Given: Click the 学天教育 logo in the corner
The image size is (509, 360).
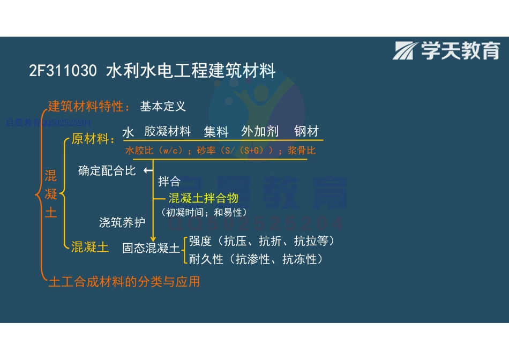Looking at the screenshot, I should [446, 51].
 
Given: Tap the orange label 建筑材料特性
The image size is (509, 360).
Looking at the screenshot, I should [88, 106].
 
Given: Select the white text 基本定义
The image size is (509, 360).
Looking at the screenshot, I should [163, 106].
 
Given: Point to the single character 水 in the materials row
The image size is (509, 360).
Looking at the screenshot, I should [128, 132].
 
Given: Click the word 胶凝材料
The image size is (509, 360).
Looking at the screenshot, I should [167, 132].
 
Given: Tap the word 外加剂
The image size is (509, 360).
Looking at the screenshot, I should [260, 132].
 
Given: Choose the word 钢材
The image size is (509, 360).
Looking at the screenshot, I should [306, 132].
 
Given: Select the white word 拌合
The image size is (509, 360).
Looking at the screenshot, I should [169, 182].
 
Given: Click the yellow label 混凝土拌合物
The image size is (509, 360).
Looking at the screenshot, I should [203, 198].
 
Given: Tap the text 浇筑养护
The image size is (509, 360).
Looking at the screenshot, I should [122, 222].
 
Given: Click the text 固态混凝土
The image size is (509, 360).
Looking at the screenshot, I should [151, 249].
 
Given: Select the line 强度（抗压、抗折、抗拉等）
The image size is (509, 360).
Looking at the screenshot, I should [263, 241].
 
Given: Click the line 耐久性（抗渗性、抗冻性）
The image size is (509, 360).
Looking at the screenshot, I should [256, 259].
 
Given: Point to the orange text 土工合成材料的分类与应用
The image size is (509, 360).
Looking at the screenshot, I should [124, 281].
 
